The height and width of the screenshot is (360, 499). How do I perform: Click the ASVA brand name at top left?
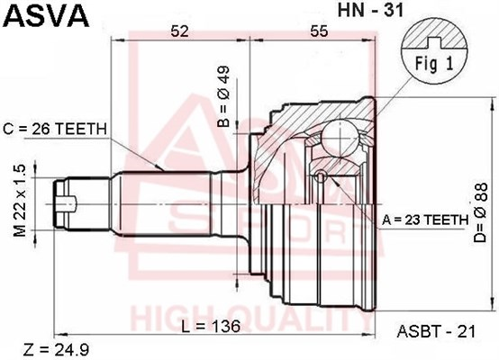coord(46,15)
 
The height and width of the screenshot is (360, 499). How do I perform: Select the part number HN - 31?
coord(370,10)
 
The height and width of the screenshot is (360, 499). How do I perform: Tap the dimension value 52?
coord(180,31)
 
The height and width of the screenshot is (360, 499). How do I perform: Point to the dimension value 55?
coord(319,31)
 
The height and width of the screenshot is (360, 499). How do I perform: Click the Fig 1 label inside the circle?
coord(434,64)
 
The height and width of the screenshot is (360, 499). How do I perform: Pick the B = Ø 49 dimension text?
coord(224,96)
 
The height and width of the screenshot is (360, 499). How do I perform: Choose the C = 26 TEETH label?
coord(55,129)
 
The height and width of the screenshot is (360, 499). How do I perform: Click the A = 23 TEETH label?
coord(425,220)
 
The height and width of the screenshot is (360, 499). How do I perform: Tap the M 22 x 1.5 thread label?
coord(20,201)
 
